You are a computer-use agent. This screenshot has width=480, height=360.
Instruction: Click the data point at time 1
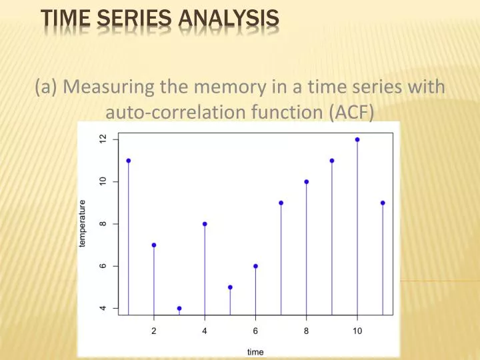point(128,161)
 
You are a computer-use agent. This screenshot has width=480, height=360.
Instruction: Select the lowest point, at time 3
point(179,309)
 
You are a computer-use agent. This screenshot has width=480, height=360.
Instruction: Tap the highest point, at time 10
point(357,139)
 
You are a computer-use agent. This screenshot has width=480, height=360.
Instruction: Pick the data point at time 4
point(205,224)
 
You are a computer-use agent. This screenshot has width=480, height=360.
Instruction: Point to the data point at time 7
point(281,203)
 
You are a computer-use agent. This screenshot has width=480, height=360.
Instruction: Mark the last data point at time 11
point(383,203)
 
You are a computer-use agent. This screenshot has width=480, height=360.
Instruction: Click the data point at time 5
point(230,287)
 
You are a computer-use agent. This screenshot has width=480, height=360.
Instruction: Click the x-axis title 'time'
point(255,351)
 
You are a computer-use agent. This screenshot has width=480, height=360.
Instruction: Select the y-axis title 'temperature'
point(83,224)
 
